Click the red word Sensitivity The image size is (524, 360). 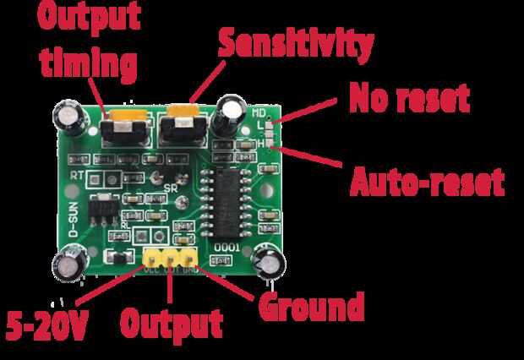(x=295, y=43)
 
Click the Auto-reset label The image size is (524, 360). (x=428, y=180)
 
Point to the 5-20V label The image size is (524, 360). (x=47, y=325)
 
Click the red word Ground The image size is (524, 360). (x=311, y=306)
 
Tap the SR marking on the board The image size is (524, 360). (x=172, y=187)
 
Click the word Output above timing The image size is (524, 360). (x=86, y=17)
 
